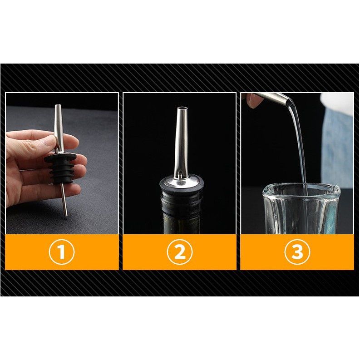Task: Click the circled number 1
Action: tap(62, 252)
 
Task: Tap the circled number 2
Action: tap(179, 252)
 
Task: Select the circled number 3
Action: tap(297, 252)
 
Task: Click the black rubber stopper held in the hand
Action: tap(60, 168)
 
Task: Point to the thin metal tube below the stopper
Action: tap(64, 199)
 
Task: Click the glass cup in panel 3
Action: tap(301, 208)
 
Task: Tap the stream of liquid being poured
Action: tap(300, 147)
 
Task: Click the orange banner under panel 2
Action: tap(179, 252)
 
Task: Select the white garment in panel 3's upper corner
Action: tap(337, 101)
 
